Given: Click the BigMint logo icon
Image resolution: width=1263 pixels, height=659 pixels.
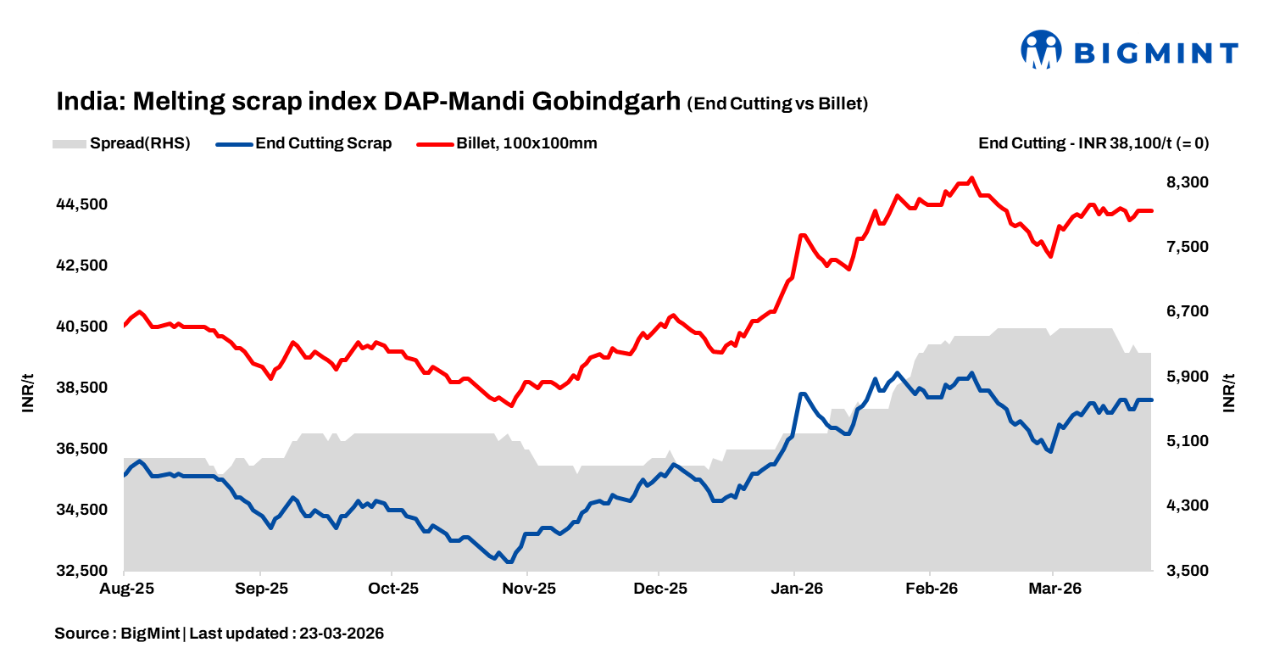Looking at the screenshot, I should (1041, 50).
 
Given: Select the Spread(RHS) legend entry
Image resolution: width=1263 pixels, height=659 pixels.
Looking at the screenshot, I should (121, 143).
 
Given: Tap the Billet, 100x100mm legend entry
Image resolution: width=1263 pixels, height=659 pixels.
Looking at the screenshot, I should (508, 143).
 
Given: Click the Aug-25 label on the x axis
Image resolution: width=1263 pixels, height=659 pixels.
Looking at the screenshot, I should (125, 588).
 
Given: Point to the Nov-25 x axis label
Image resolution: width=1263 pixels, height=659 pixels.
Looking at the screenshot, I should (528, 588).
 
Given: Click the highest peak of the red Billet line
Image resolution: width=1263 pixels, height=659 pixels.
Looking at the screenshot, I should (971, 178).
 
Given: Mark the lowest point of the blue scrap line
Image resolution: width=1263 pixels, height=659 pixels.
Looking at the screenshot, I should (509, 561).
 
